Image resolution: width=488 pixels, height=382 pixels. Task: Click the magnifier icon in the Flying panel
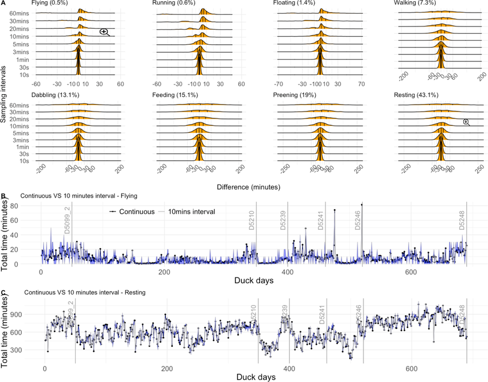click(x=104, y=32)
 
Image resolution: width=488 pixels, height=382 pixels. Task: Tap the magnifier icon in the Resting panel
click(x=466, y=122)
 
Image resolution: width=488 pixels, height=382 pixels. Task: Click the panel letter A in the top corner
click(x=3, y=3)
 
